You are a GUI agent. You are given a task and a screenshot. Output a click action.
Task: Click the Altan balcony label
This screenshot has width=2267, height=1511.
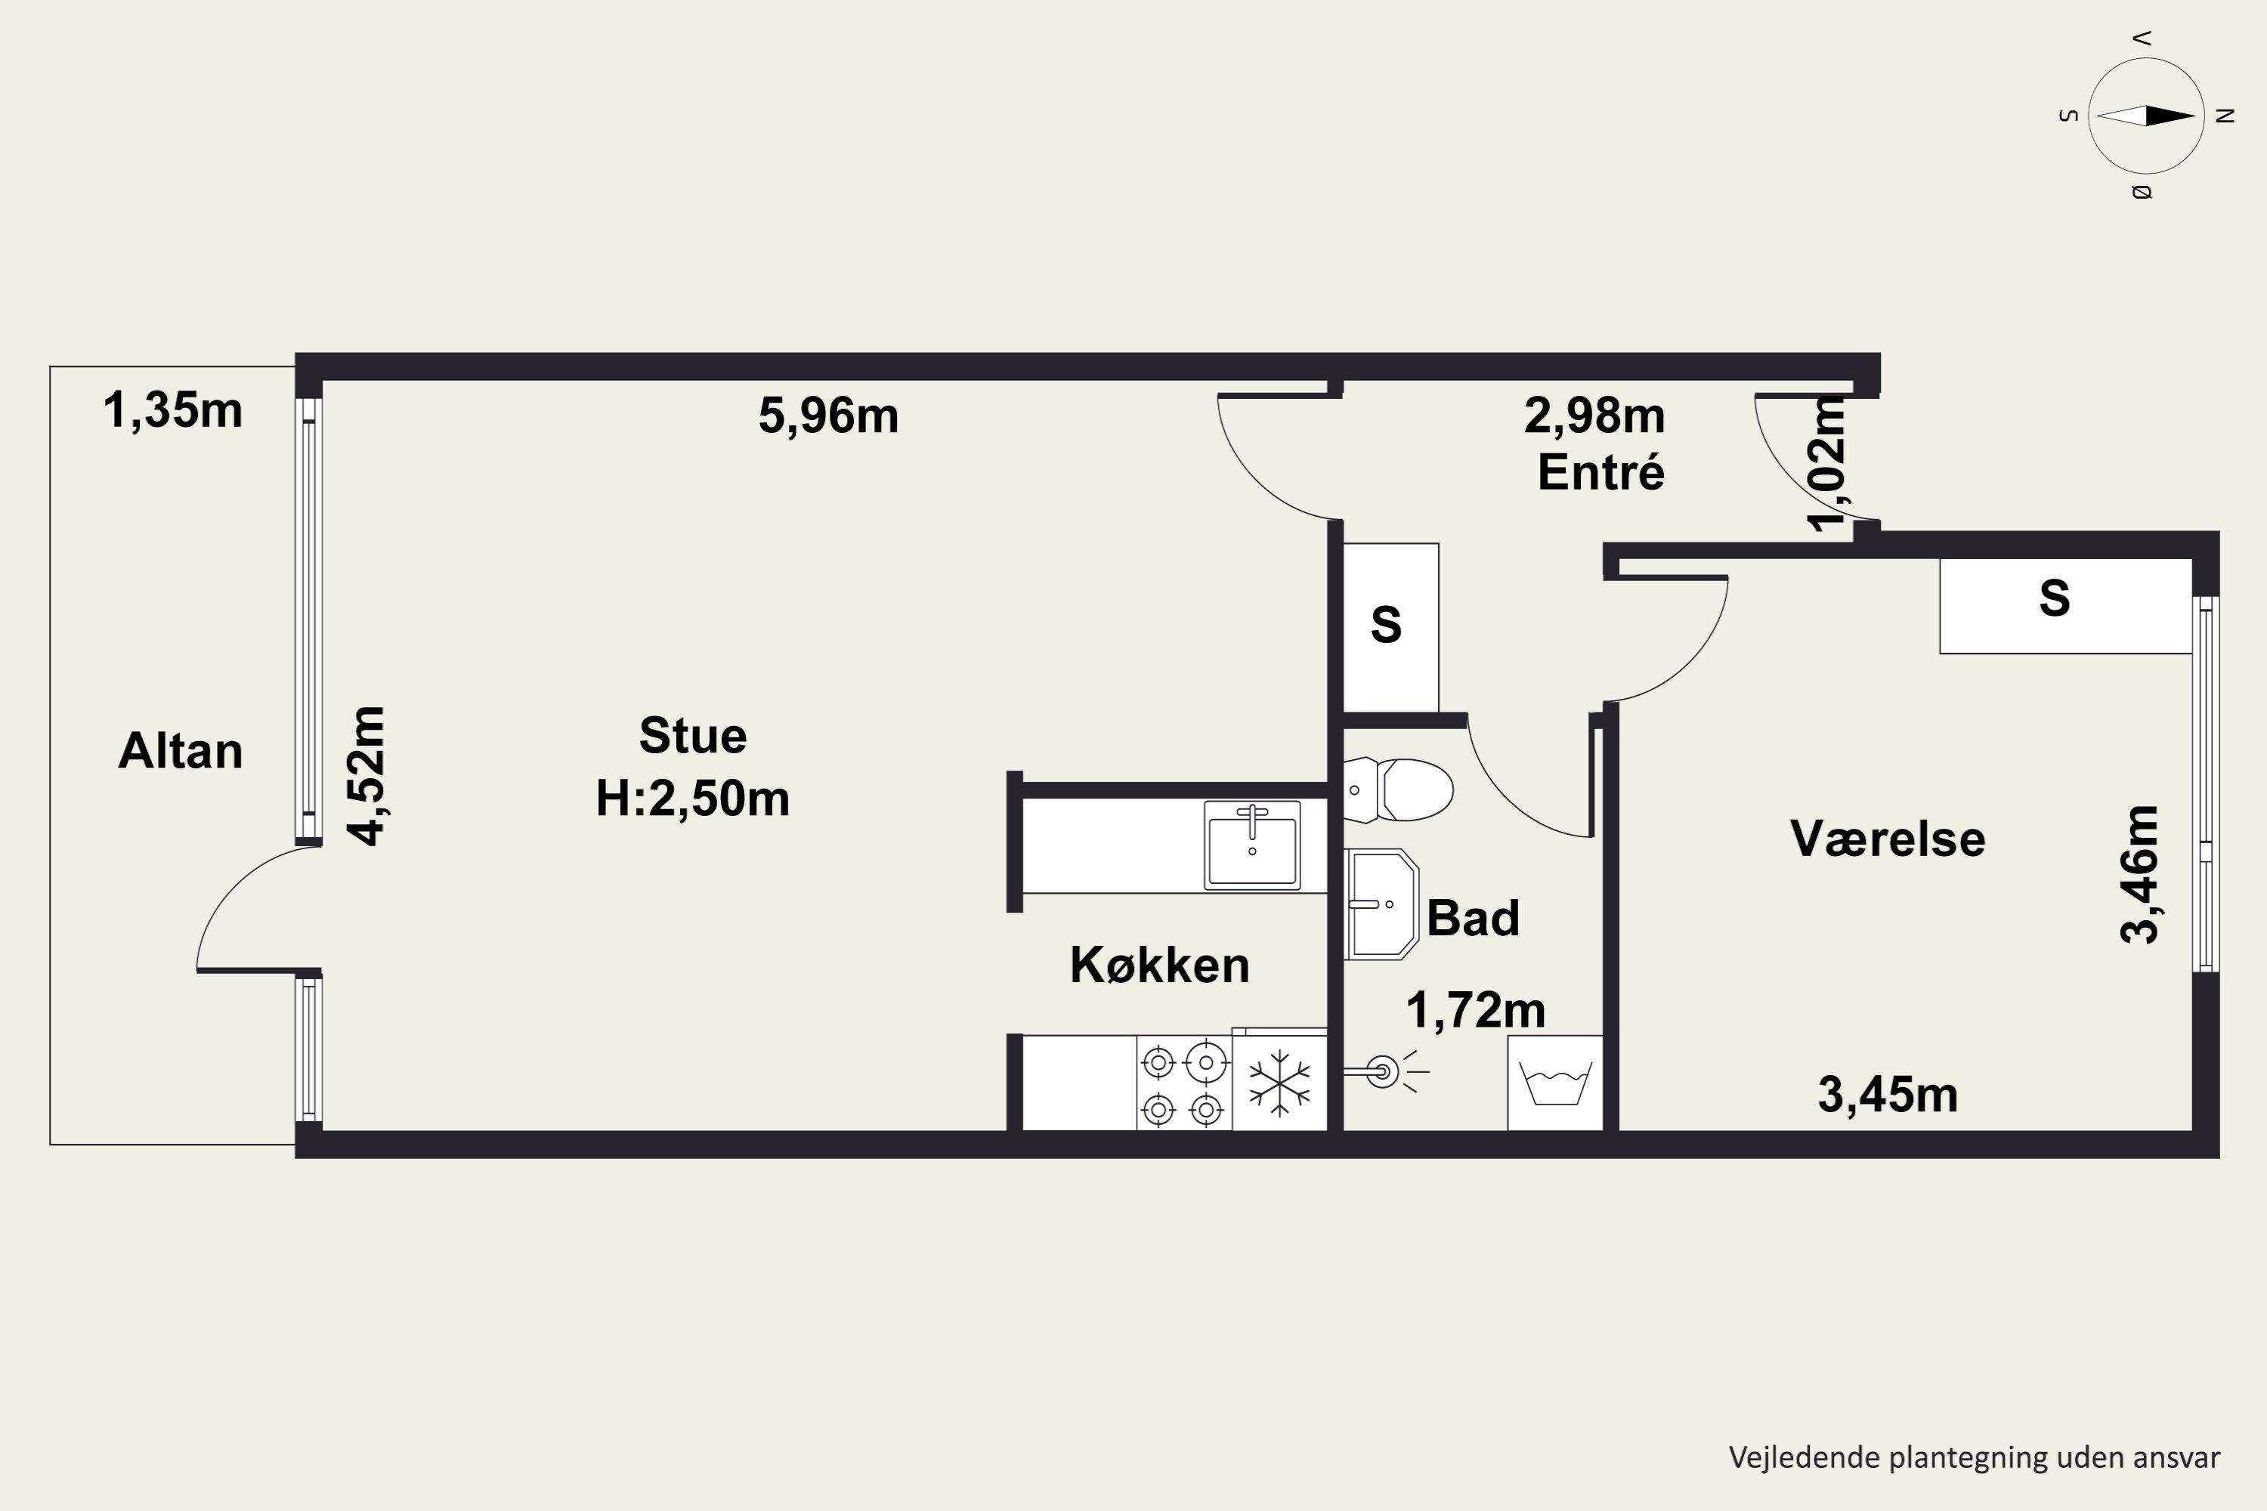(181, 751)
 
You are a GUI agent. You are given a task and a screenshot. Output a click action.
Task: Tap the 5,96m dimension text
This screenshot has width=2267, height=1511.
(828, 416)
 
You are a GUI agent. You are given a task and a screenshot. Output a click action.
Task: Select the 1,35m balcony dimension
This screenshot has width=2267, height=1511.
(172, 409)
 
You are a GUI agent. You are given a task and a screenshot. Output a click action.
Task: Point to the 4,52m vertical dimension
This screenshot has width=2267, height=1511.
(366, 776)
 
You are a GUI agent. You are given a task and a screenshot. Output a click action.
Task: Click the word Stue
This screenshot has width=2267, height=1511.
(693, 736)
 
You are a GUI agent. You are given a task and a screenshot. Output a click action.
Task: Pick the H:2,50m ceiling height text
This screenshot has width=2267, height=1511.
(693, 798)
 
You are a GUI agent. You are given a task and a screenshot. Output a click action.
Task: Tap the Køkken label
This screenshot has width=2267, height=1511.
(1159, 965)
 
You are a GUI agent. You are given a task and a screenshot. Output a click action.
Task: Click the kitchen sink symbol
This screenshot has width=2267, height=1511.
(1252, 845)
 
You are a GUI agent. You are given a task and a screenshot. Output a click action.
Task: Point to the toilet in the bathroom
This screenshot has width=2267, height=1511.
(1397, 790)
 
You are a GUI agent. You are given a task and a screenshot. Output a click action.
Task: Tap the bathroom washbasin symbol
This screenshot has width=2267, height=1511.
(1381, 904)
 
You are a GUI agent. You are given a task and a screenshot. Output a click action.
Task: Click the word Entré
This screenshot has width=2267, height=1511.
(1601, 472)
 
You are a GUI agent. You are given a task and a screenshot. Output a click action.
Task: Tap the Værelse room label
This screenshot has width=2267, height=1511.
(1887, 839)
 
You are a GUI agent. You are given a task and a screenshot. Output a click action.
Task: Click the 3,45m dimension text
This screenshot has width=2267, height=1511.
(1887, 1095)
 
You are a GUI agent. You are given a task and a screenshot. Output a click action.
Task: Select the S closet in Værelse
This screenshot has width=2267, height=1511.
(2065, 606)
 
